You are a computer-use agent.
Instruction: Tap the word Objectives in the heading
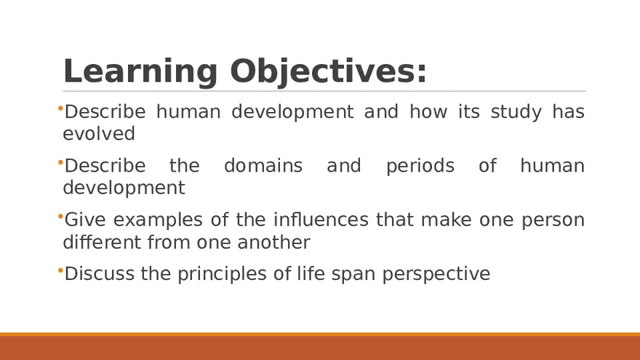[328, 72]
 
